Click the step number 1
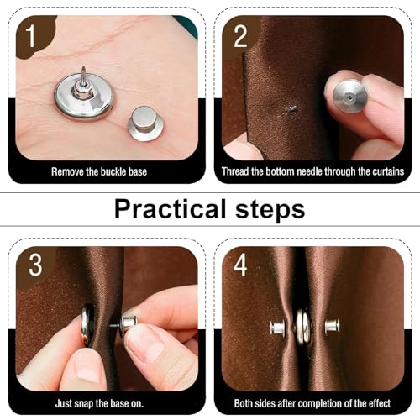[31, 37]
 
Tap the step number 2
[240, 37]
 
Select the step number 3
[35, 265]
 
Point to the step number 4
[240, 265]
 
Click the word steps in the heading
[270, 210]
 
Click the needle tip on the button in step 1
[83, 67]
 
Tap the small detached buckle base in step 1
[145, 123]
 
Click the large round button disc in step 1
[84, 97]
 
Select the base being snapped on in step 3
[128, 325]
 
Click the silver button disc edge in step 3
[87, 325]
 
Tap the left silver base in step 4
[277, 328]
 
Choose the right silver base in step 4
[333, 326]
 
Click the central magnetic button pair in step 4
[302, 327]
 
